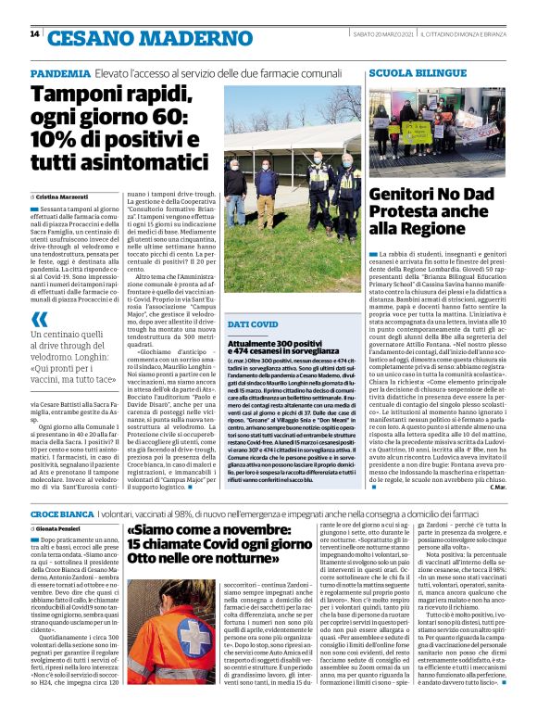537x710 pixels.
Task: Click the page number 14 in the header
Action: pyautogui.click(x=34, y=34)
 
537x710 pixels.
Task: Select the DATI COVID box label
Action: pyautogui.click(x=253, y=298)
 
